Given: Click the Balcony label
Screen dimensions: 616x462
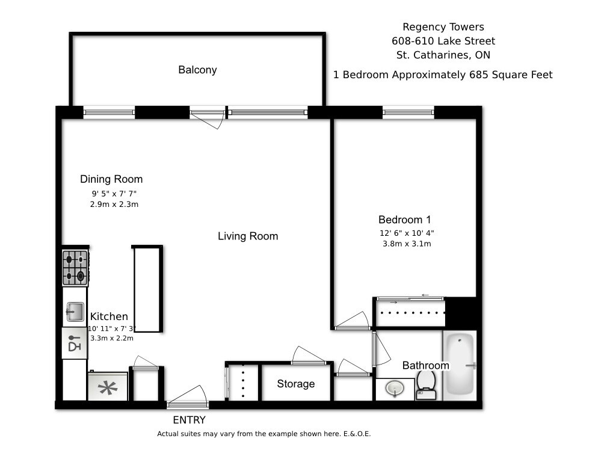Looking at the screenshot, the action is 197,70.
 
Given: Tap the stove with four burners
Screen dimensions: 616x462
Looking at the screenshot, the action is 75,268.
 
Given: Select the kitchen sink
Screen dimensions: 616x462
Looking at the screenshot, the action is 75,312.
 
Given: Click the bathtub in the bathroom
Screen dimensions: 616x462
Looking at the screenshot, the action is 460,364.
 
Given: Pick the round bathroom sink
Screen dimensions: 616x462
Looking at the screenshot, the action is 395,389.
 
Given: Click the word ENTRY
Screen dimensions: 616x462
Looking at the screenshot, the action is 189,420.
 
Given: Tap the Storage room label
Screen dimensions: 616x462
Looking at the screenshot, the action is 296,384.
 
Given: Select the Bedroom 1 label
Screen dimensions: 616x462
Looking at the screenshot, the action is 405,220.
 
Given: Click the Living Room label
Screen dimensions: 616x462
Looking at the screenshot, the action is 248,236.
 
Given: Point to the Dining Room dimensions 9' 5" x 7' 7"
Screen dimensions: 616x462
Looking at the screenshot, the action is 114,194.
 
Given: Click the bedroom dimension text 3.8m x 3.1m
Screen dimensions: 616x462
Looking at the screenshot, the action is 407,244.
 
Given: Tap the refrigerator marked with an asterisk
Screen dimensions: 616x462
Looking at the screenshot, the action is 108,387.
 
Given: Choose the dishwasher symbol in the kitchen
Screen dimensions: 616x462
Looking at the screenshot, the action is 74,343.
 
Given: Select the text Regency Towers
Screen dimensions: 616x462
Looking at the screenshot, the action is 443,26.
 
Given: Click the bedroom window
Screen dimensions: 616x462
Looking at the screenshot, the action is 408,112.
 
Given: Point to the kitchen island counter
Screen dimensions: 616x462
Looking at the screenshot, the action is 147,289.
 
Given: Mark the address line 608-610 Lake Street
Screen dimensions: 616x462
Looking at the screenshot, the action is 443,41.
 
